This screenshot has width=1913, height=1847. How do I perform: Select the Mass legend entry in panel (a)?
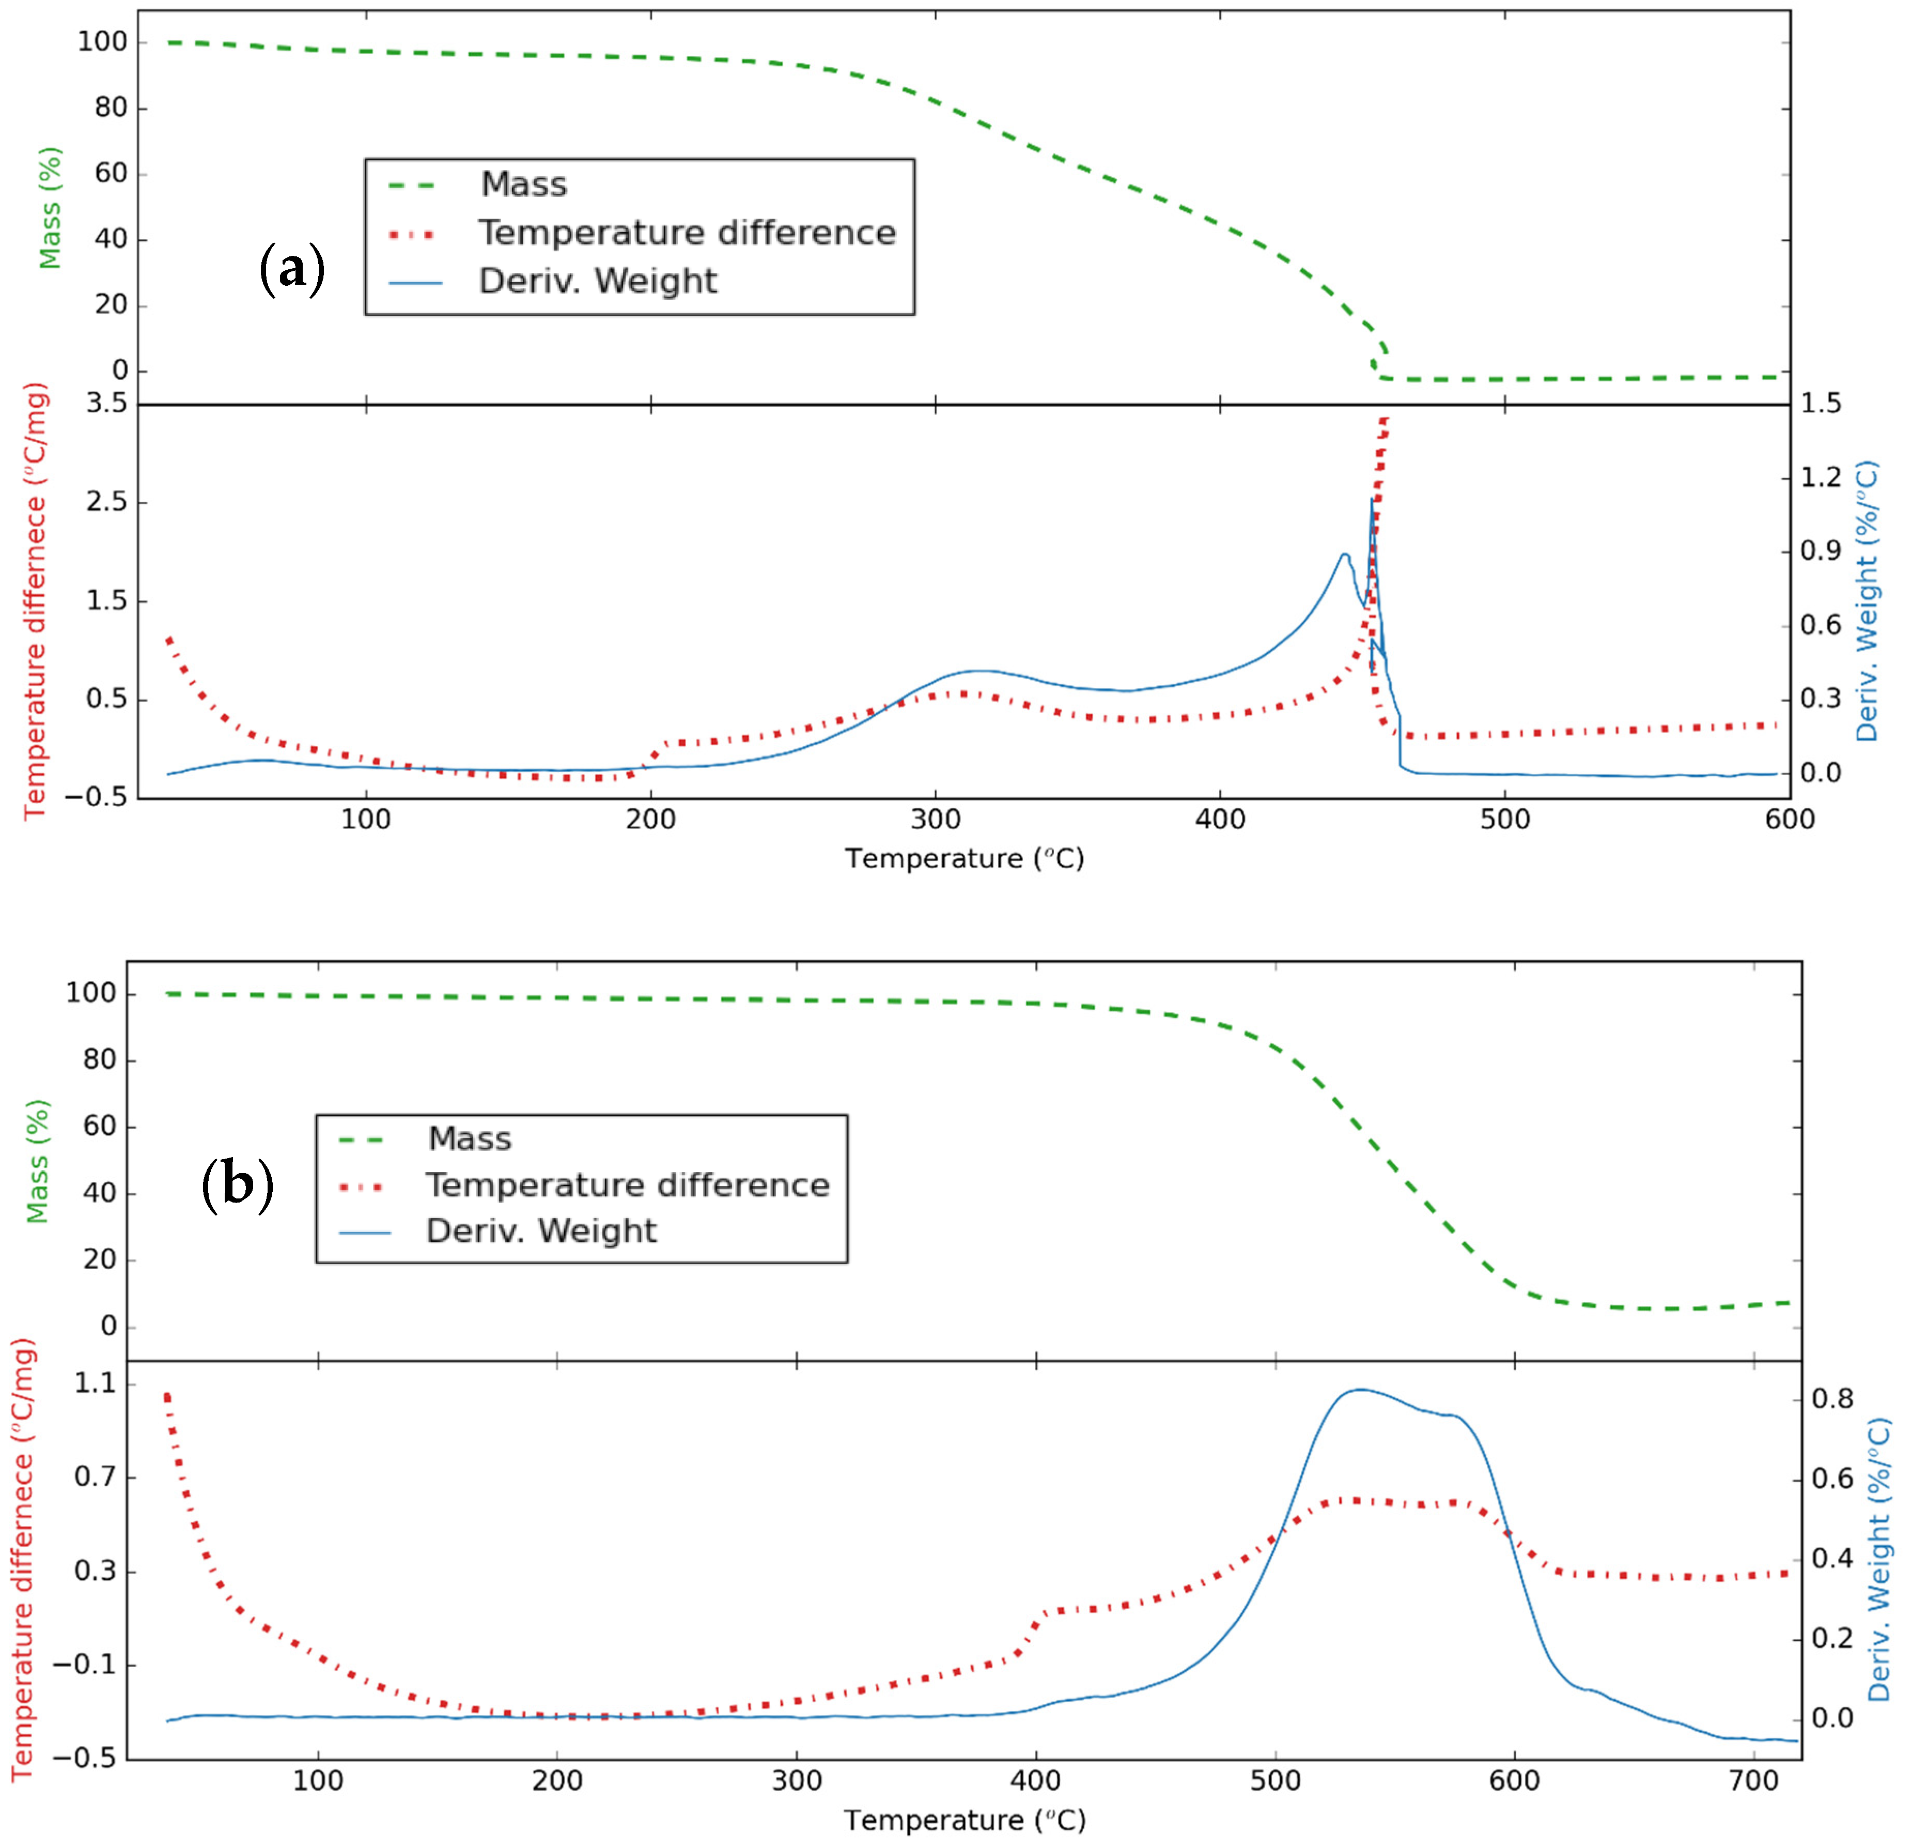click(x=523, y=184)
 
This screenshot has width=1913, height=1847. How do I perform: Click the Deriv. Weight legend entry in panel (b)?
click(x=541, y=1231)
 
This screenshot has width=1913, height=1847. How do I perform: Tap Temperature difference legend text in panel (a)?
click(x=686, y=233)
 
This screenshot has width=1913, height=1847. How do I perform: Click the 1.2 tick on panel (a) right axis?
click(x=1821, y=478)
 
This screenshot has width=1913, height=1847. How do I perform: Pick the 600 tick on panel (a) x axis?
click(x=1789, y=819)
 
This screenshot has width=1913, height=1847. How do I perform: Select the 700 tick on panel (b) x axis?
click(x=1754, y=1781)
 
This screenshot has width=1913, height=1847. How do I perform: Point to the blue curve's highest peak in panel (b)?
click(x=1359, y=1389)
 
